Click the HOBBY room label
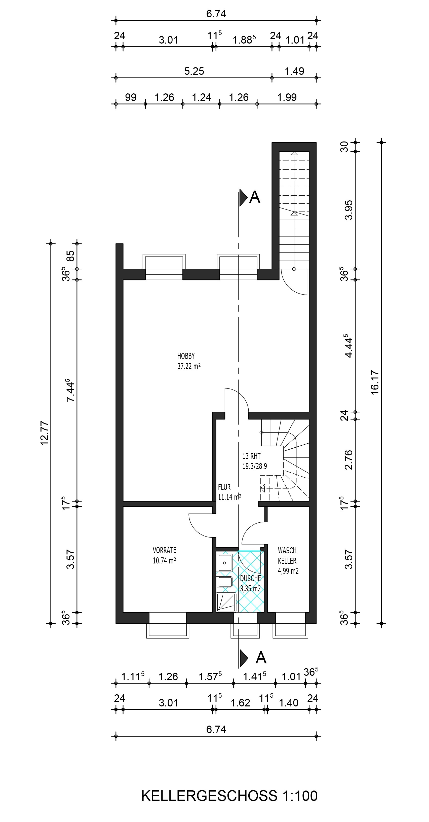click(186, 356)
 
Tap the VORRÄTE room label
click(164, 550)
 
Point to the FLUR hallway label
click(224, 487)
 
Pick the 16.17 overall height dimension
click(375, 382)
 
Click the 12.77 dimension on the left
click(44, 433)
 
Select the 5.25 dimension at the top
click(194, 71)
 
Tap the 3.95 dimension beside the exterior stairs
click(349, 210)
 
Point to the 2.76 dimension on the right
click(349, 460)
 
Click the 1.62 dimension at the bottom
click(240, 703)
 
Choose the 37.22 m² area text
click(189, 366)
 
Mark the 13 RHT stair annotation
click(251, 456)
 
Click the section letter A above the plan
click(255, 197)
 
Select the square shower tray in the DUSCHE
click(226, 602)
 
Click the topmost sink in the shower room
click(225, 563)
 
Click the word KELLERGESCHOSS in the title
click(209, 796)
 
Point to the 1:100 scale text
click(300, 796)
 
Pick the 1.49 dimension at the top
click(294, 71)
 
